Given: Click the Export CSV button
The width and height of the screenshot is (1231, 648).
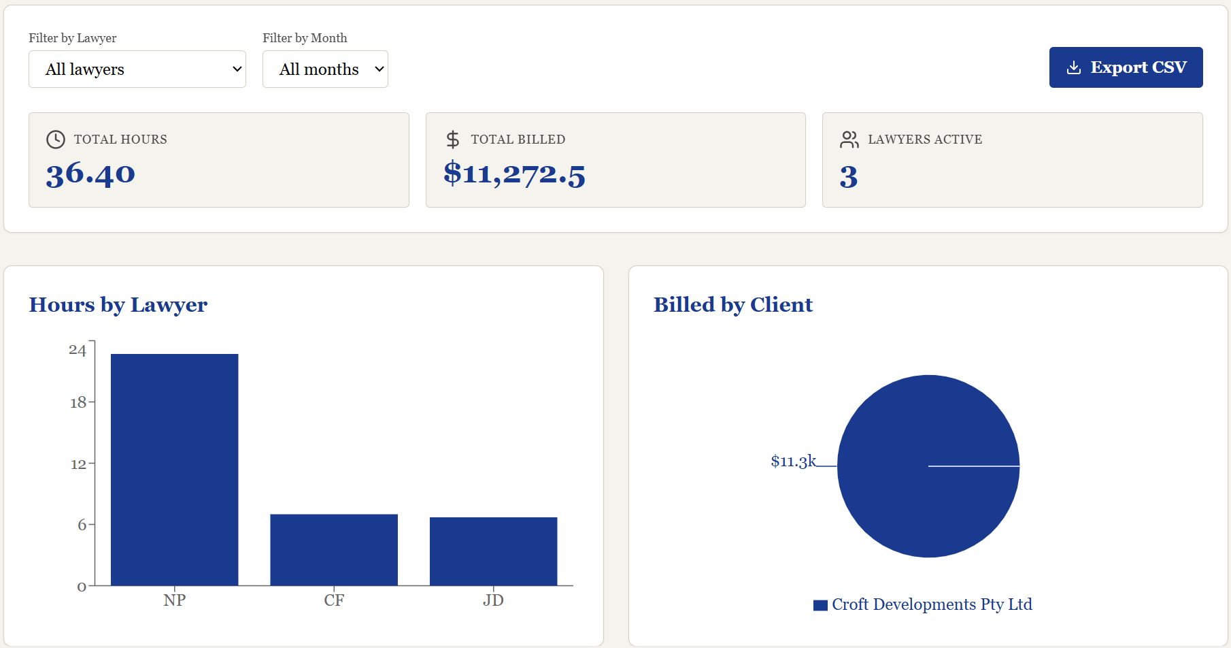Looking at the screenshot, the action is click(1126, 67).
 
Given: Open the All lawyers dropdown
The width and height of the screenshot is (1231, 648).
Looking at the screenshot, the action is click(137, 69).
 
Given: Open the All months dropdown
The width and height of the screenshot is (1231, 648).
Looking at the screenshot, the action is click(325, 69).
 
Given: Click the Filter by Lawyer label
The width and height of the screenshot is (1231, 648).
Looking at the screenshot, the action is click(73, 38).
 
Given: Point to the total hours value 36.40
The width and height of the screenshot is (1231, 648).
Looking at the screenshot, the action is click(90, 174).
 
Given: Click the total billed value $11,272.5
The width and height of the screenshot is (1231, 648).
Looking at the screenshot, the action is click(514, 174).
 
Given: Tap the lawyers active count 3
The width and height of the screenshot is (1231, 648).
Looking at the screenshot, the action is click(849, 177).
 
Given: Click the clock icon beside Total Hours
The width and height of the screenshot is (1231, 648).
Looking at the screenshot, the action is click(56, 140).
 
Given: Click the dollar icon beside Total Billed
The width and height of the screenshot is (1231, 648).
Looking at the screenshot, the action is click(453, 140).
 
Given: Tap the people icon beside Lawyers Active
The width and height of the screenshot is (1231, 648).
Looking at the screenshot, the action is click(849, 140).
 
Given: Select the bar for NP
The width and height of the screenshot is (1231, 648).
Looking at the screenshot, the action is click(175, 470).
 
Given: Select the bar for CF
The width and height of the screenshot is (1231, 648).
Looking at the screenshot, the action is click(334, 550).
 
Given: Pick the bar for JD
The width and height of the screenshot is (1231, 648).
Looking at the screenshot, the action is click(494, 551).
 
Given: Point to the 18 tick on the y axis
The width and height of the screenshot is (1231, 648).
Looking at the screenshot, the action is click(78, 402).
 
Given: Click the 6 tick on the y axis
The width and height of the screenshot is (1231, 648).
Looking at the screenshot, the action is click(82, 525).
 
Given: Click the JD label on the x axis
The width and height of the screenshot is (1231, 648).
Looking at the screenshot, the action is click(494, 600).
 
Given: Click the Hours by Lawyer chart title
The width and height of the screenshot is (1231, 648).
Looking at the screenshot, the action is click(118, 305).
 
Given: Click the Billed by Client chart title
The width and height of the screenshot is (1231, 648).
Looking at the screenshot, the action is click(733, 305).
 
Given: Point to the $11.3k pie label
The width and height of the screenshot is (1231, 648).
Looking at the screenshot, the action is click(793, 461).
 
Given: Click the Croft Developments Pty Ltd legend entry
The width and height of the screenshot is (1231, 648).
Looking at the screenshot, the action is click(923, 604).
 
